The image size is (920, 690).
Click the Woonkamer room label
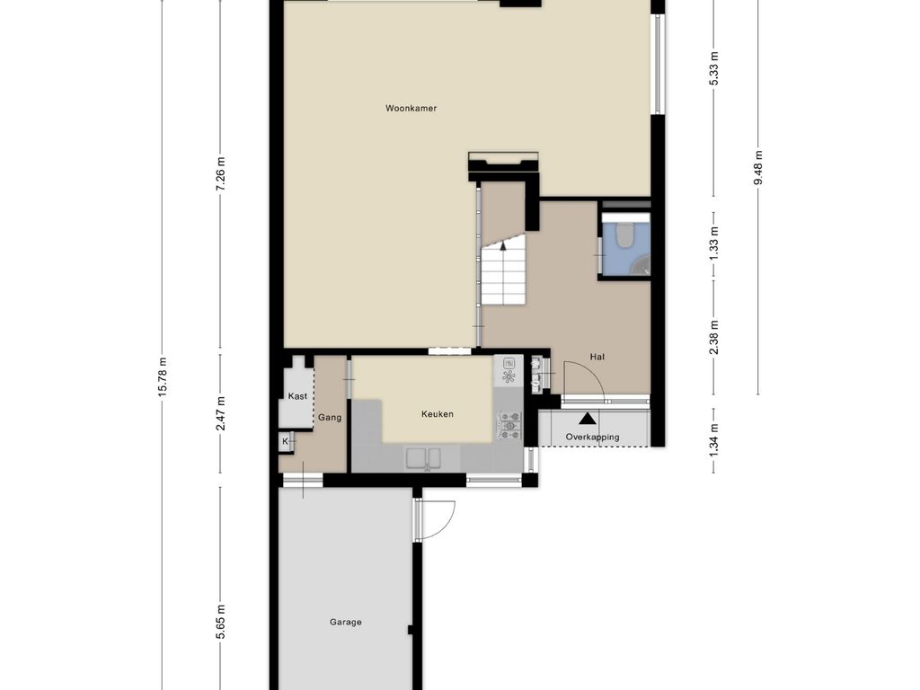(411, 108)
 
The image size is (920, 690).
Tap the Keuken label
(438, 413)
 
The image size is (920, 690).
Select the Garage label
(346, 622)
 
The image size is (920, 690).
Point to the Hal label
(597, 357)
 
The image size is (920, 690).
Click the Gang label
(330, 418)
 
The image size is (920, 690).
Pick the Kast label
(297, 396)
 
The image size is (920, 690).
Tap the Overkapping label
(592, 438)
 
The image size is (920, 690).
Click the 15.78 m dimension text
(164, 376)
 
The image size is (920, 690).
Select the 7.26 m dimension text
(221, 173)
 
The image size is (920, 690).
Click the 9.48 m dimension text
(758, 168)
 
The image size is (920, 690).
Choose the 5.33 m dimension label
(714, 68)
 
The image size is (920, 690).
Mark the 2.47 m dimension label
(221, 413)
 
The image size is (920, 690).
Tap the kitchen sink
(425, 458)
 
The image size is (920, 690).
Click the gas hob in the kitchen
(509, 426)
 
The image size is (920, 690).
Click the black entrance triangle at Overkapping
(586, 419)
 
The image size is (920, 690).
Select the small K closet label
(286, 441)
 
